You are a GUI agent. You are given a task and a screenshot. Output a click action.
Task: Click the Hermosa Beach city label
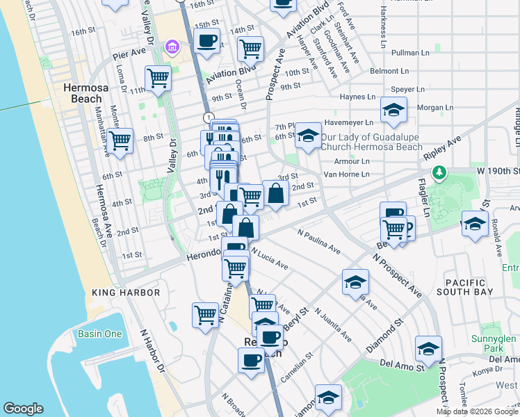[82, 93]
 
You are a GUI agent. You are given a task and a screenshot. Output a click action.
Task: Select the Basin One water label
[99, 334]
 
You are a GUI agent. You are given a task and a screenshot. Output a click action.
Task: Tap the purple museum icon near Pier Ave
[171, 47]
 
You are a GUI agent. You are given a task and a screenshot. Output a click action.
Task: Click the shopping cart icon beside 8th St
[120, 140]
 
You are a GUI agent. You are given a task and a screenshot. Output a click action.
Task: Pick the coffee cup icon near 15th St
[206, 41]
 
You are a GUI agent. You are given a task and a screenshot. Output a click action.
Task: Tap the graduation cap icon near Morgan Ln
[393, 111]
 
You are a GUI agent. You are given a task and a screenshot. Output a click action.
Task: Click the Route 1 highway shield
[208, 116]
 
